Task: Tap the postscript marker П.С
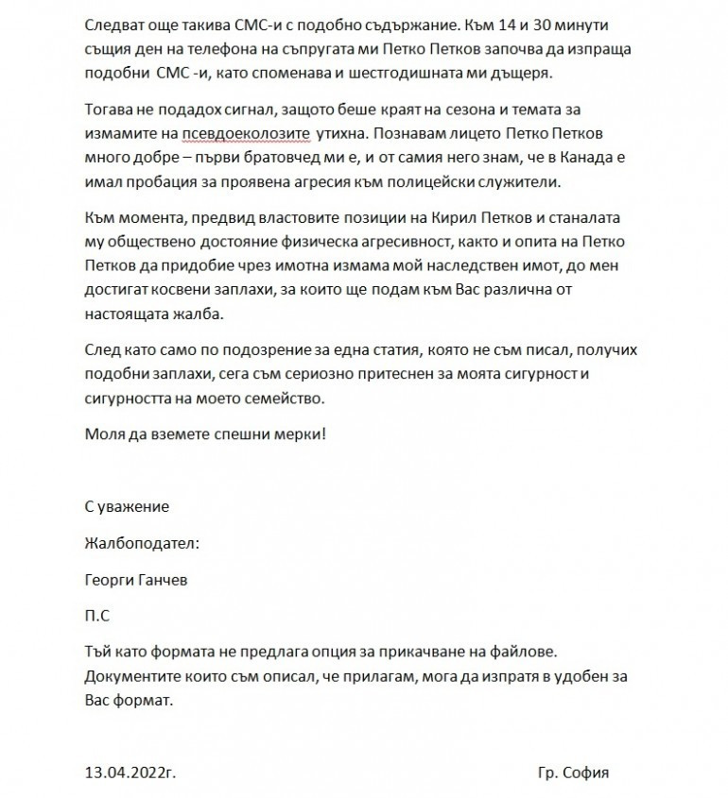[x=96, y=616]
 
